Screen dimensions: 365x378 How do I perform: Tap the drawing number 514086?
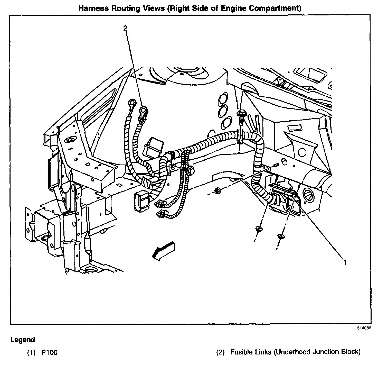point(363,328)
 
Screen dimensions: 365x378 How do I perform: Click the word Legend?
point(23,340)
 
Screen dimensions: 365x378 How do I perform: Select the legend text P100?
point(49,352)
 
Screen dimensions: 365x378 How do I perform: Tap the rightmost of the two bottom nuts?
point(281,235)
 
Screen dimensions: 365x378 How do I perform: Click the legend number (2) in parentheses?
point(221,352)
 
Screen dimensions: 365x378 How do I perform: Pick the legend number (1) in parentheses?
point(32,352)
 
